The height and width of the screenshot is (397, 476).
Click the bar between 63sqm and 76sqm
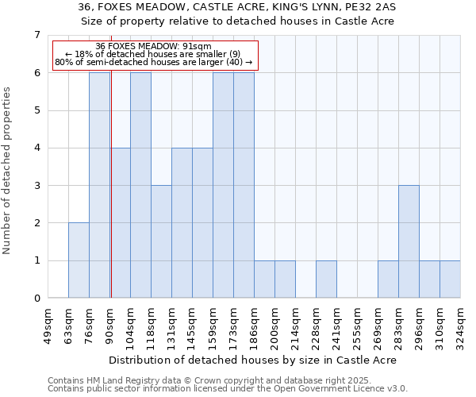[79, 260]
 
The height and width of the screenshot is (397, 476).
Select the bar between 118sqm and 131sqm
[161, 241]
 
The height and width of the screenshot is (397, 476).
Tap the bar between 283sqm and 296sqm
[409, 241]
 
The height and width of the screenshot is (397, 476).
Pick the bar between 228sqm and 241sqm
[326, 279]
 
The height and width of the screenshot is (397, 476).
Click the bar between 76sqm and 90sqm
[99, 185]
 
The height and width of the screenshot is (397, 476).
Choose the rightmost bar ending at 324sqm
[450, 279]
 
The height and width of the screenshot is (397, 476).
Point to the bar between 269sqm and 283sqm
[388, 279]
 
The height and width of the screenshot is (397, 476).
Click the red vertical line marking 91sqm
[111, 198]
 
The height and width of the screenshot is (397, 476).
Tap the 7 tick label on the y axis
[36, 35]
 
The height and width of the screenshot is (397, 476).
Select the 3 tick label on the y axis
[36, 186]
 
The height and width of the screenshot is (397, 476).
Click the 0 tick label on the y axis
[36, 299]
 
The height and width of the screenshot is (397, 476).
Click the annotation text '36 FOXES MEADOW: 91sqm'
[153, 47]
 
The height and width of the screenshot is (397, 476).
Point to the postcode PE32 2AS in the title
[374, 7]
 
